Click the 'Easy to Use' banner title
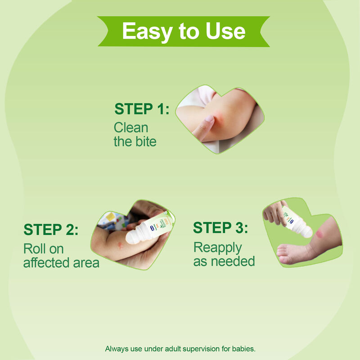184,31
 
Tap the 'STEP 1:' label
142,109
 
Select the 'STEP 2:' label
51,229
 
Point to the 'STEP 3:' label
220,228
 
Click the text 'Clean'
131,127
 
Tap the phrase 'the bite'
135,141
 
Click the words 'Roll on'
43,249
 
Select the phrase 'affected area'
61,263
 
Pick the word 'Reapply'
218,248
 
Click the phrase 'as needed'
224,261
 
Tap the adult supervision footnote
180,349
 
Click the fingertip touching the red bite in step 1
208,120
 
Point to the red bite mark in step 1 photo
219,116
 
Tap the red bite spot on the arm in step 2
120,245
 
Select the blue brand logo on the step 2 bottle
152,228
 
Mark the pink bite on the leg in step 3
319,234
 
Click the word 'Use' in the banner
225,31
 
